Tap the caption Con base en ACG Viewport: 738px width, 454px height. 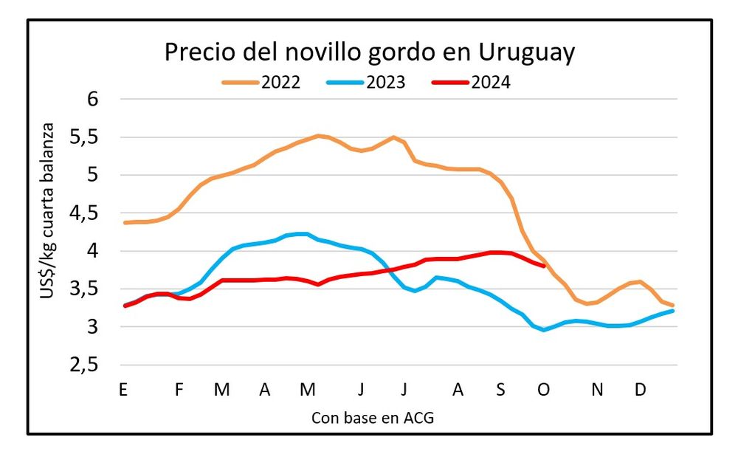(372, 418)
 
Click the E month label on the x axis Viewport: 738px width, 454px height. (123, 391)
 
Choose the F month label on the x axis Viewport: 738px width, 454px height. (179, 391)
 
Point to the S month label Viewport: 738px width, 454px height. (500, 391)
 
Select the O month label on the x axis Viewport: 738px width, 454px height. (544, 391)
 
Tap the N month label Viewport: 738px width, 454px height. (599, 391)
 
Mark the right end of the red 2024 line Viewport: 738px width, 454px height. (544, 266)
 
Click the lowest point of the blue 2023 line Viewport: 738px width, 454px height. (544, 330)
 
